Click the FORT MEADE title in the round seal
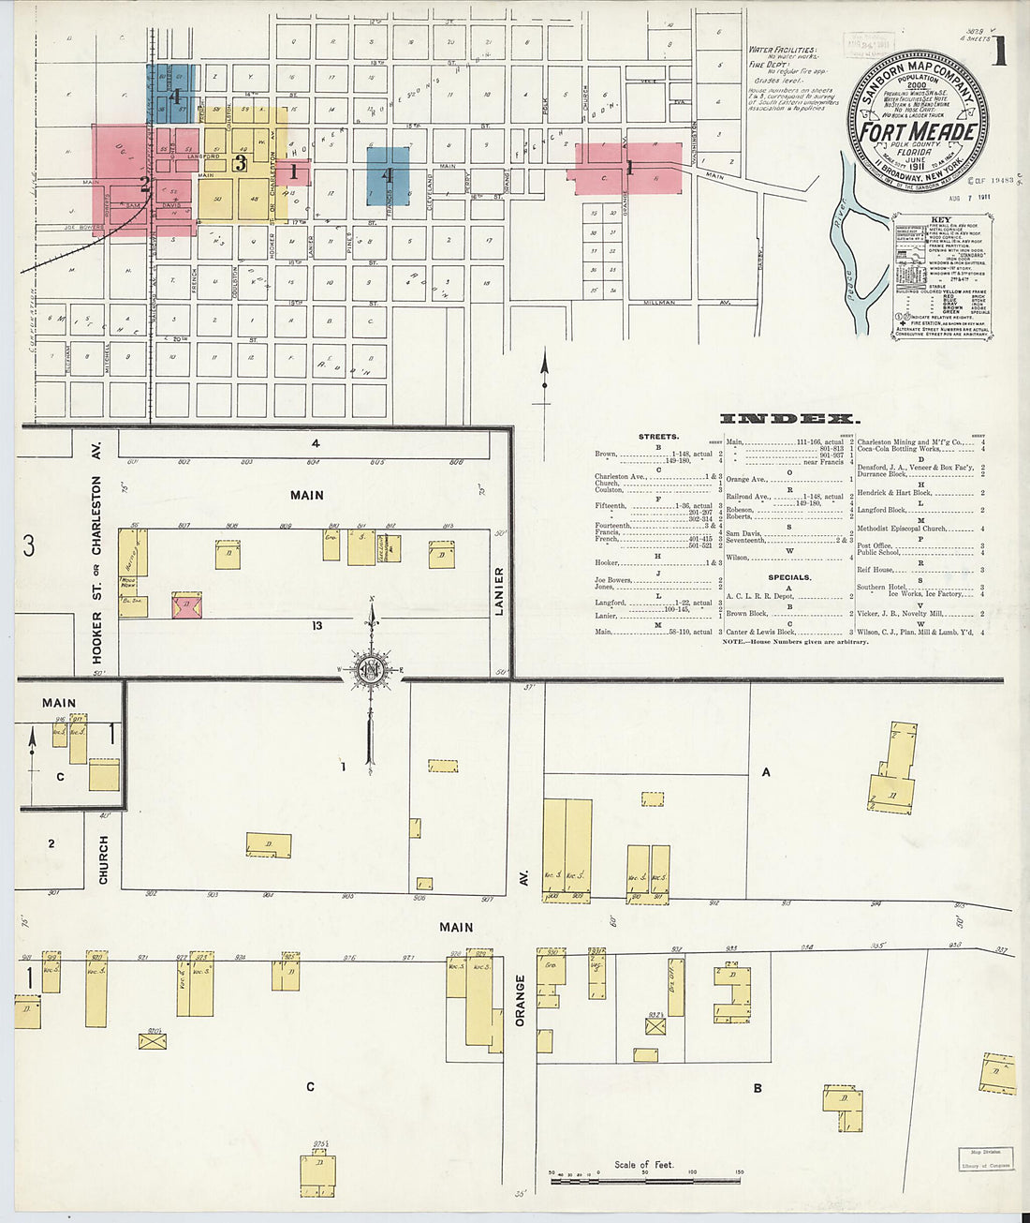(919, 131)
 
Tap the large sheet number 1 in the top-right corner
(1000, 52)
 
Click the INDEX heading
(788, 419)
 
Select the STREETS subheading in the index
(659, 437)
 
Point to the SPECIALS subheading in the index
(789, 577)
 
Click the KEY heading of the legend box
(940, 221)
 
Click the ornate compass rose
(372, 669)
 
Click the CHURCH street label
(103, 859)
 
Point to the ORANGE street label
(521, 1000)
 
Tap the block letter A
(766, 772)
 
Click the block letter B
(758, 1088)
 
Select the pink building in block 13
(187, 605)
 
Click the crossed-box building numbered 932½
(656, 1026)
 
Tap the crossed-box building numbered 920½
(153, 1040)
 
